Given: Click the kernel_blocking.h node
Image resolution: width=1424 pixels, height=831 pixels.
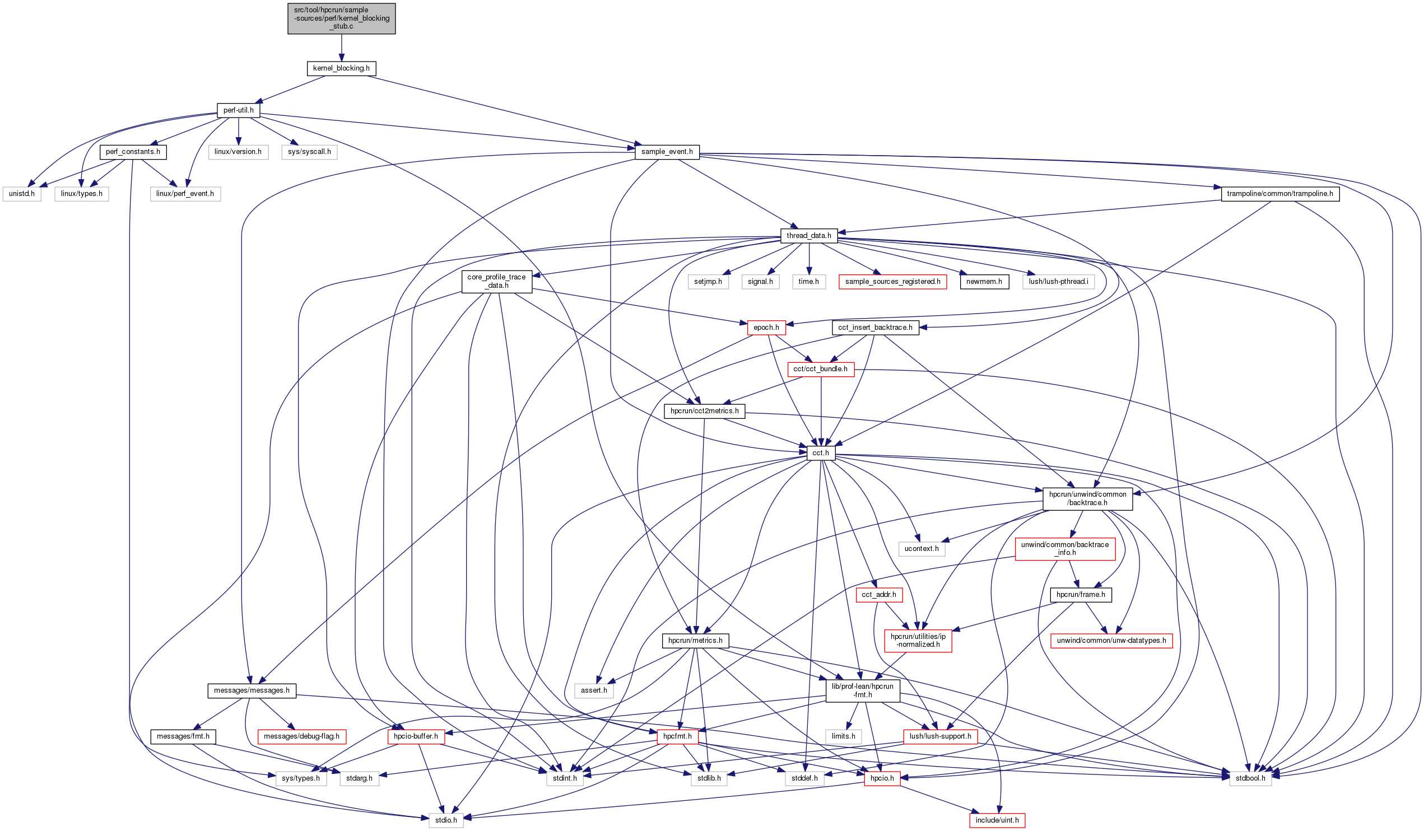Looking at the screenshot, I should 341,68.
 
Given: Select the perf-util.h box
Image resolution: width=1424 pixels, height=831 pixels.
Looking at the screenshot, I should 238,110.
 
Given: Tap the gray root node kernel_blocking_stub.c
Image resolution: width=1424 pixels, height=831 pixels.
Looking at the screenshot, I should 341,18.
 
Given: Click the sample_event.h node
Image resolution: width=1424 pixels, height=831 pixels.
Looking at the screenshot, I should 667,152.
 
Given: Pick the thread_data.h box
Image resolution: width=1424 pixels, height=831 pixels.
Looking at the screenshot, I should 808,236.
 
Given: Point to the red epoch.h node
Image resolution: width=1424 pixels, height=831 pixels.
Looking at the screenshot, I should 766,328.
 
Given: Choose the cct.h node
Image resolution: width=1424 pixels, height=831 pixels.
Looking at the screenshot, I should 821,453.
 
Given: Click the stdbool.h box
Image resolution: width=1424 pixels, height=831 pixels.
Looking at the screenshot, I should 1250,778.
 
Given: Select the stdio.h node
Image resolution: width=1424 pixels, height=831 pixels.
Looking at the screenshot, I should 446,820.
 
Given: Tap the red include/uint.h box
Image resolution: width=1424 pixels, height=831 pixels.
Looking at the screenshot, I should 997,820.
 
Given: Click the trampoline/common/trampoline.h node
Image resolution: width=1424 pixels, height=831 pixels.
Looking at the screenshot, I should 1279,194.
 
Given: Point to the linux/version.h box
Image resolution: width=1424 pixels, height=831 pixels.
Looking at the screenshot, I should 238,152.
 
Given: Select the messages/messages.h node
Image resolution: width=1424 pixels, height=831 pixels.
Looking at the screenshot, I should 252,690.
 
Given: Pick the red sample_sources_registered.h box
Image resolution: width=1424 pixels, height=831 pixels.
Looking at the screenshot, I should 892,282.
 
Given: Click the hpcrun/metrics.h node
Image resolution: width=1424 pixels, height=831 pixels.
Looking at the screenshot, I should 695,641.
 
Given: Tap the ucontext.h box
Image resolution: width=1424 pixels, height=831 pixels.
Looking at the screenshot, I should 921,549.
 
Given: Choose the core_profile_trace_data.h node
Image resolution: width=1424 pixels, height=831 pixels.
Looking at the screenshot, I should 496,281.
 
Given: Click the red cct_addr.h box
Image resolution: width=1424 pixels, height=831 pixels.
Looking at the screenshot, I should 879,595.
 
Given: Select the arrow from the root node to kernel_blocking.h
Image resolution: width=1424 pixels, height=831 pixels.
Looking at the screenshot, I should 341,48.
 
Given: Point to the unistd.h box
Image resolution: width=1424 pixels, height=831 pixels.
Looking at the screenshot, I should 21,194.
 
